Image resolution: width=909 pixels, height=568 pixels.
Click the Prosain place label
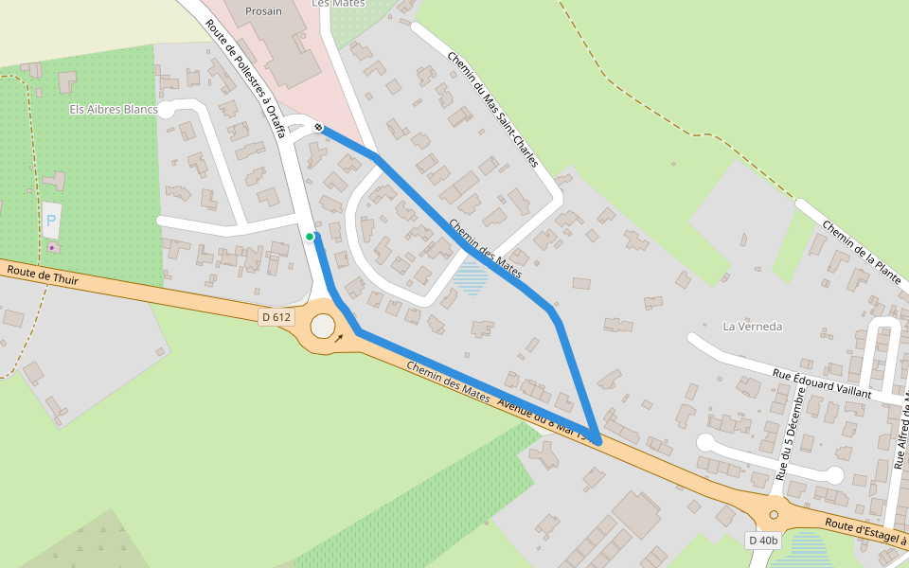pos(263,11)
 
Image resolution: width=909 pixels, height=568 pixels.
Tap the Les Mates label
pos(338,4)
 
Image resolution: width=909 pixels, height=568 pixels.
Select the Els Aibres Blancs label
pos(114,110)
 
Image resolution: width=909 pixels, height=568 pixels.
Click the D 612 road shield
pos(276,317)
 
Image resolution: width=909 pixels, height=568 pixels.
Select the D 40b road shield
pos(762,541)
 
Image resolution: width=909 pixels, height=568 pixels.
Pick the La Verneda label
pos(753,327)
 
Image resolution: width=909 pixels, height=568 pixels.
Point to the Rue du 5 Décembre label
pos(792,431)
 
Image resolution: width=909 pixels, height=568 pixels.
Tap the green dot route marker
pos(310,237)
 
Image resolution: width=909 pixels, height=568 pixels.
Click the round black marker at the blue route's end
pos(319,127)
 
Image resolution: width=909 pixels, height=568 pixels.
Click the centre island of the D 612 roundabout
pos(323,328)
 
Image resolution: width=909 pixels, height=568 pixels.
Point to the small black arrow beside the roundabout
pos(339,337)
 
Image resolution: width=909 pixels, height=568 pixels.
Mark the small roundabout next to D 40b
pos(774,514)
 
